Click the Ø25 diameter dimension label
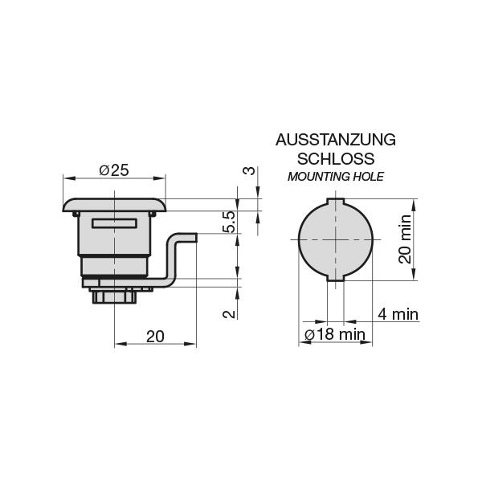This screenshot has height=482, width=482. click(114, 170)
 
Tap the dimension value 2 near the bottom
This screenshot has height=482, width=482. click(229, 312)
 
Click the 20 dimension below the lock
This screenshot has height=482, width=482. click(155, 336)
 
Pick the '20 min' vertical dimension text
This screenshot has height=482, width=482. click(405, 239)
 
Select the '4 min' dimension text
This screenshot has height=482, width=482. click(398, 314)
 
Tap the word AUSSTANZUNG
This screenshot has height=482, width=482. click(335, 140)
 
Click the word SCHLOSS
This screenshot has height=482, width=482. click(335, 158)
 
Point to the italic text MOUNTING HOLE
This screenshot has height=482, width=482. click(335, 176)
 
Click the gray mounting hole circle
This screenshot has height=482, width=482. click(335, 239)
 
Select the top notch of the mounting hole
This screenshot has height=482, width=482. click(335, 200)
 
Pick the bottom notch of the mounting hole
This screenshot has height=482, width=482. click(335, 280)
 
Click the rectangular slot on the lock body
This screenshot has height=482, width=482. click(115, 224)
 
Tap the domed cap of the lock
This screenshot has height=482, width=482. click(115, 204)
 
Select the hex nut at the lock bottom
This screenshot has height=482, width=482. click(115, 298)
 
